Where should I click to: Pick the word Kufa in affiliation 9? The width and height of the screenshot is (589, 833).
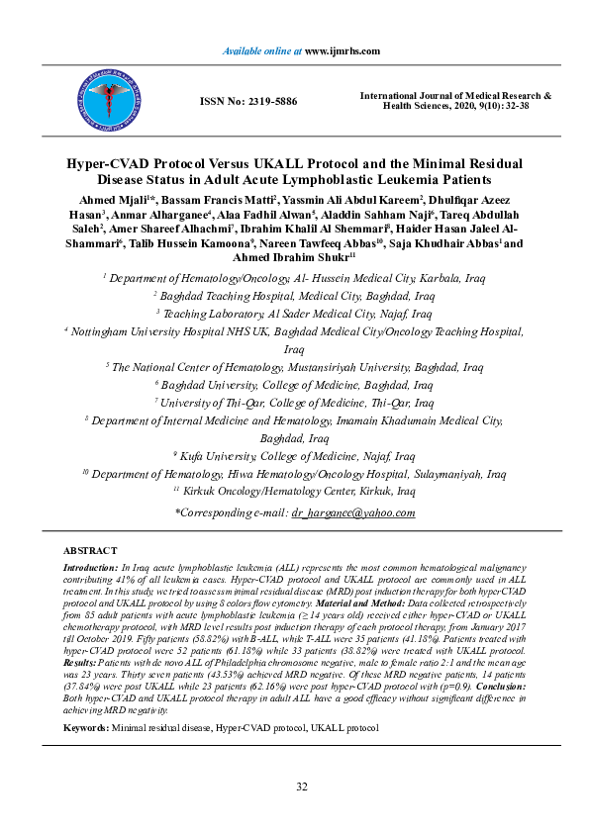point(195,458)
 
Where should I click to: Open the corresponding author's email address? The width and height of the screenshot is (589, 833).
point(352,512)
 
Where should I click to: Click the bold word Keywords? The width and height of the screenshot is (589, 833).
point(85,700)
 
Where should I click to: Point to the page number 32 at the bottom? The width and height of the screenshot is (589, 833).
point(303,787)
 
